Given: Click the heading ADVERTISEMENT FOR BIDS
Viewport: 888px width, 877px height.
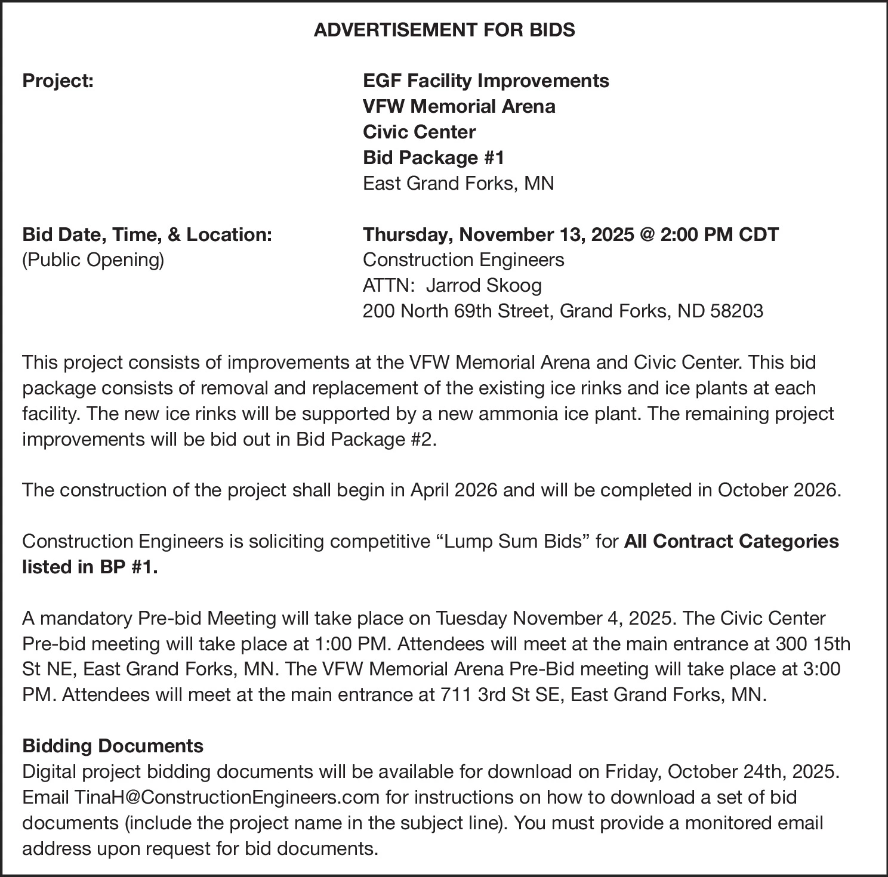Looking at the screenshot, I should coord(444,29).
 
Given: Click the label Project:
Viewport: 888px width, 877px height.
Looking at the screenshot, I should coord(58,81).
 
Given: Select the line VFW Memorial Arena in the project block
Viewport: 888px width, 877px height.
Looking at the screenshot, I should coord(459,106).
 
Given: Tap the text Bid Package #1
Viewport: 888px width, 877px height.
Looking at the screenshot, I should coord(434,158).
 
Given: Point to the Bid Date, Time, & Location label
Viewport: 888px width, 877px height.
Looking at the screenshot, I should coord(147,234).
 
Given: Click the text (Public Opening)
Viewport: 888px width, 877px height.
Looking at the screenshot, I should coord(92,260).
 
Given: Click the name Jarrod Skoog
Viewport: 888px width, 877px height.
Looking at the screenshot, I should coord(484,286).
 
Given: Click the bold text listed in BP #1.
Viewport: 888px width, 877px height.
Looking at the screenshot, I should coord(90,567).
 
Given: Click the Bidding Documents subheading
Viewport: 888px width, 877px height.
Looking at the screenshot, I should coord(113,746).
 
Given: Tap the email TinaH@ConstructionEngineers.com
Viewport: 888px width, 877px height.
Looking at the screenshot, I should coord(227,797).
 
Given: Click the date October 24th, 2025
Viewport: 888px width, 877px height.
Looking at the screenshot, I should coord(753,771).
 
